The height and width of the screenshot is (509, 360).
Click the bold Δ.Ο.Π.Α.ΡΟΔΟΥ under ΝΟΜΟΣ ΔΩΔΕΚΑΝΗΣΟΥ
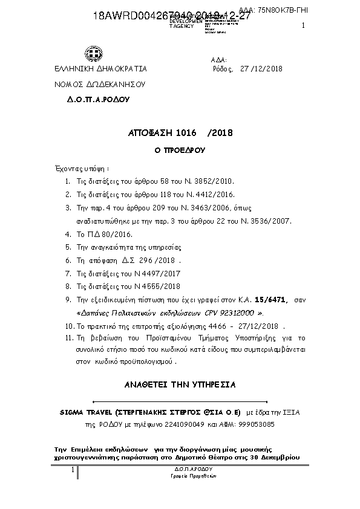point(98,98)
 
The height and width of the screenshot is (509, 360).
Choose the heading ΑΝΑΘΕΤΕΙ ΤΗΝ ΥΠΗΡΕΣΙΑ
point(180,384)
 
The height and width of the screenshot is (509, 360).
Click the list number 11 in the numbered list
point(68,340)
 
